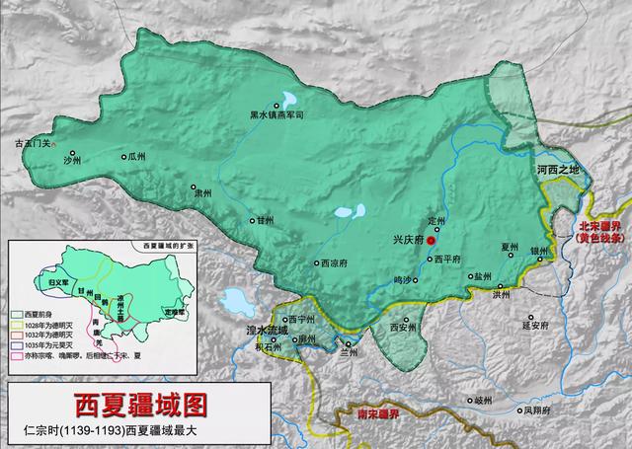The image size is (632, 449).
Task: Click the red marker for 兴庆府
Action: tap(432, 240)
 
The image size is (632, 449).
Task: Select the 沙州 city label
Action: tap(71, 158)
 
